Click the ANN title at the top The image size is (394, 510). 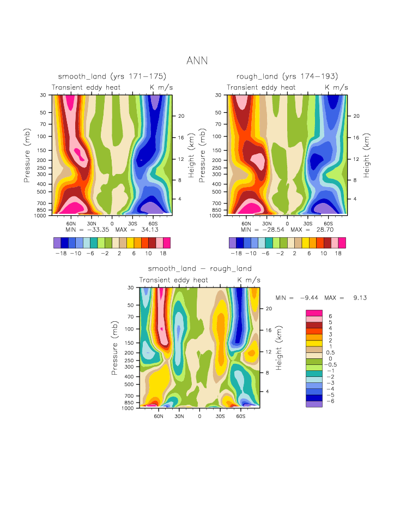tap(197, 61)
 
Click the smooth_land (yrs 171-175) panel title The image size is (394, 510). tap(112, 76)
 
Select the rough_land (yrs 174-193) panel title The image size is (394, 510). tap(287, 76)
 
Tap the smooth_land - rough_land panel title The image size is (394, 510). tap(199, 268)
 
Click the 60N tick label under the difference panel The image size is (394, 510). tap(159, 416)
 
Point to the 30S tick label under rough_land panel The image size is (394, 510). tap(307, 224)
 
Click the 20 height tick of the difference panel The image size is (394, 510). tap(268, 308)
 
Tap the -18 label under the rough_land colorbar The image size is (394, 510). tap(236, 254)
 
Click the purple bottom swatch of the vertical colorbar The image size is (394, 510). tap(314, 404)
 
